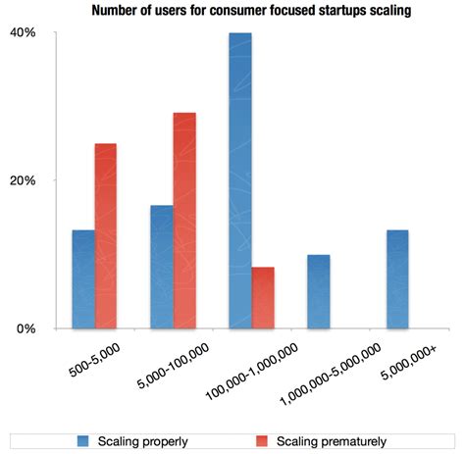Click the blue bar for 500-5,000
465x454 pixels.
pos(83,279)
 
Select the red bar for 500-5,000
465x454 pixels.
pos(106,236)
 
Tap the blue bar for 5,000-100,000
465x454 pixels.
pos(162,267)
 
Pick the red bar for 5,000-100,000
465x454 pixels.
pos(184,221)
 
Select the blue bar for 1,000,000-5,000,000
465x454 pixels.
pos(318,292)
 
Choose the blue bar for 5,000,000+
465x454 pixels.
pos(396,279)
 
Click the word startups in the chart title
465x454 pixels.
pos(310,11)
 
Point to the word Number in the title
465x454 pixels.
pos(118,11)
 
